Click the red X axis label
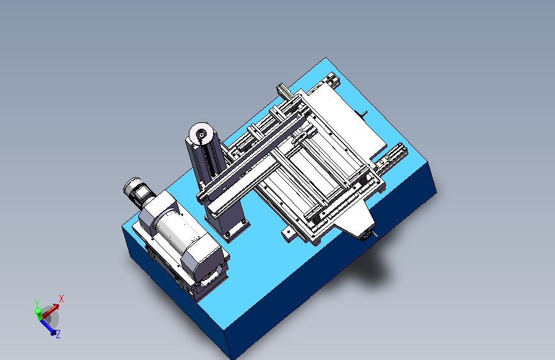pyautogui.click(x=61, y=299)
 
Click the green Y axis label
pyautogui.click(x=37, y=304)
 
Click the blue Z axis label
pyautogui.click(x=58, y=334)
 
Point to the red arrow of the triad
pyautogui.click(x=51, y=311)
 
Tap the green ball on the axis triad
pyautogui.click(x=38, y=311)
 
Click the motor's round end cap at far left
pyautogui.click(x=130, y=185)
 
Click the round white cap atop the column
pyautogui.click(x=201, y=135)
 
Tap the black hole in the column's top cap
pyautogui.click(x=202, y=135)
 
